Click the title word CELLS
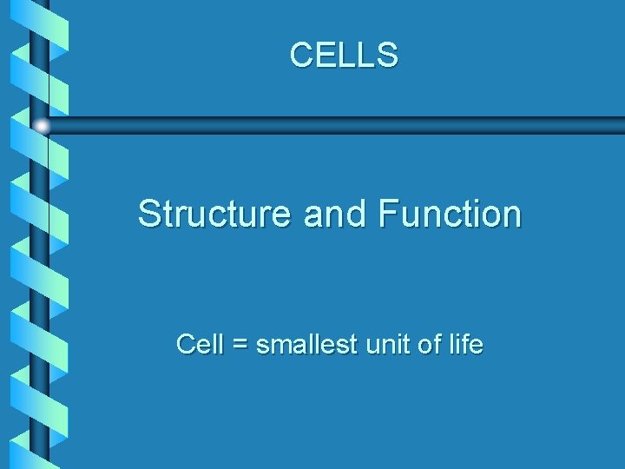tap(344, 55)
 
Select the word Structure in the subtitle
tap(215, 214)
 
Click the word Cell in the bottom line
tap(200, 345)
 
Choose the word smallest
tap(307, 345)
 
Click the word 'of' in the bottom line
tap(430, 345)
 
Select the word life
tap(465, 345)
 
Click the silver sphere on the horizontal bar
tap(42, 126)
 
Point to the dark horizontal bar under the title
tap(347, 126)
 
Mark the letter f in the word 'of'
tap(437, 345)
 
